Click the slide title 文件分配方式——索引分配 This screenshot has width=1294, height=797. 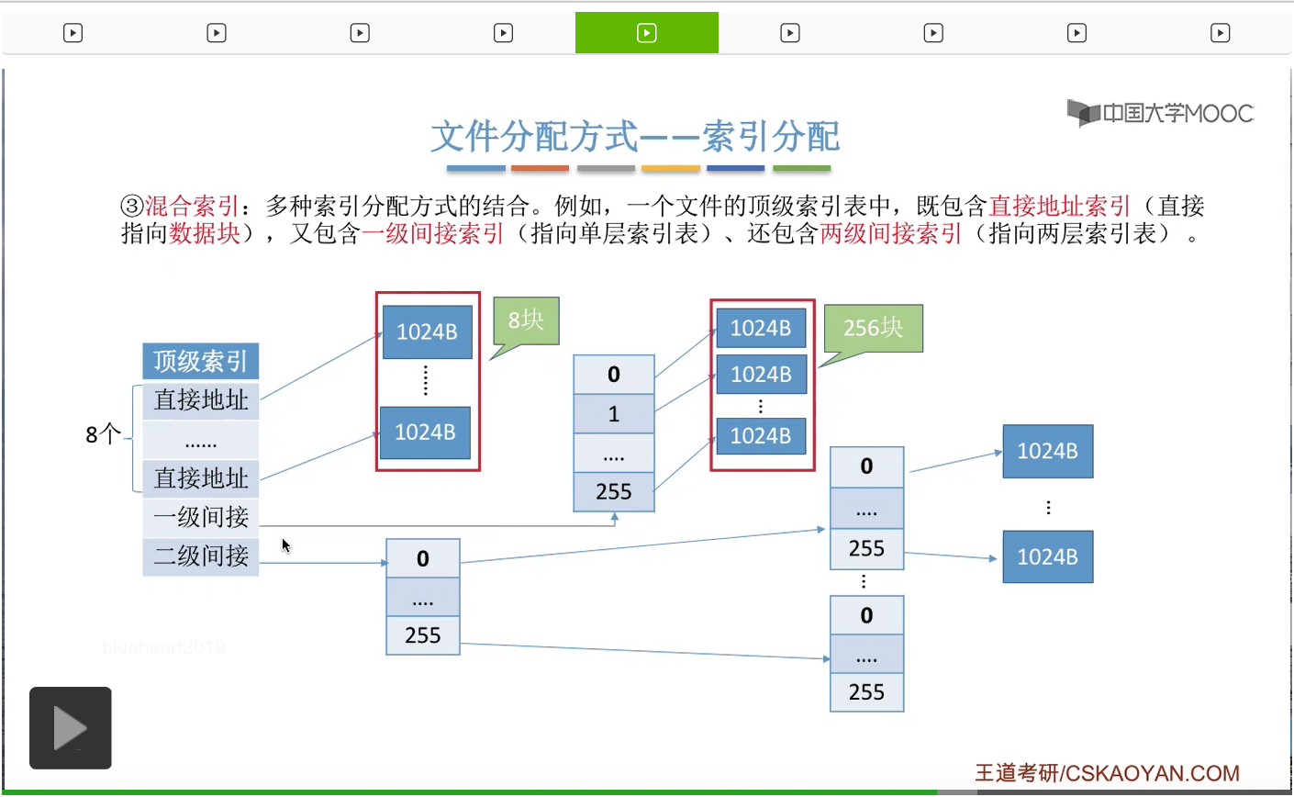[x=635, y=137]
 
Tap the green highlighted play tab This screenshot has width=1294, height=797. [x=646, y=33]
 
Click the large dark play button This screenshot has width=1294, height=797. [x=71, y=728]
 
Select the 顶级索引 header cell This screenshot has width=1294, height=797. [x=200, y=361]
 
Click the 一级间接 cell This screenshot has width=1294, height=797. [x=200, y=518]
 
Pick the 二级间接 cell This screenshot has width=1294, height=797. [x=200, y=556]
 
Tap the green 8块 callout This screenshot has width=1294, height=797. [x=526, y=320]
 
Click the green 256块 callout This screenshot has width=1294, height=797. [x=873, y=328]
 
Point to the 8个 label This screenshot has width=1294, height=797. [x=103, y=434]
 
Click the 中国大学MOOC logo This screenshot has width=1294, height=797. [x=1160, y=113]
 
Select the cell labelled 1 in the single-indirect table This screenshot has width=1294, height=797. [x=614, y=414]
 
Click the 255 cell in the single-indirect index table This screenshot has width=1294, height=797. [x=614, y=492]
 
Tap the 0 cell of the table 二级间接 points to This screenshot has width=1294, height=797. [x=422, y=558]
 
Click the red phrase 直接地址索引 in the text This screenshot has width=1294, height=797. [x=1059, y=206]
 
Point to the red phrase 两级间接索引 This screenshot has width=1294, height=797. [x=890, y=233]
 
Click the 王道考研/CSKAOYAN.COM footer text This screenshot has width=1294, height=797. [x=1107, y=773]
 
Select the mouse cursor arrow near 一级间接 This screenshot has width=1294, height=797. [x=285, y=544]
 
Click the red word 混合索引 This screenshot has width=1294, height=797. [x=192, y=206]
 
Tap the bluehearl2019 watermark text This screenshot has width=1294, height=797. [x=163, y=647]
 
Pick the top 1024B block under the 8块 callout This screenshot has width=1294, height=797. [x=427, y=332]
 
